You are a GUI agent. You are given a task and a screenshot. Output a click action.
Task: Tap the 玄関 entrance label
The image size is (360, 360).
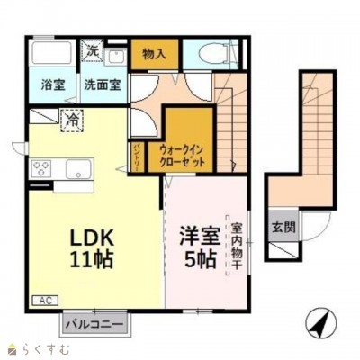pyautogui.click(x=281, y=227)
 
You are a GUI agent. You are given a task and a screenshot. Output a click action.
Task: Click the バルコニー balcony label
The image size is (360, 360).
pyautogui.click(x=93, y=320)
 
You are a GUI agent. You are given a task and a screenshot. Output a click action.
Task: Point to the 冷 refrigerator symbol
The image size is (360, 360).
pyautogui.click(x=69, y=117)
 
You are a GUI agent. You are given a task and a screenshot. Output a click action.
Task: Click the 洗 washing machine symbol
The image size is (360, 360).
pyautogui.click(x=93, y=51)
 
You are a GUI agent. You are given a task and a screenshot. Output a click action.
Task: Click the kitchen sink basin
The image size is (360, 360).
pyautogui.click(x=76, y=168)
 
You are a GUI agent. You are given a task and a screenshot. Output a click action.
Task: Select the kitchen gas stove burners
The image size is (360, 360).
pyautogui.click(x=43, y=168)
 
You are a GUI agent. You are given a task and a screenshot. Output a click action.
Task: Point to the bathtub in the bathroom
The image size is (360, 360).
pyautogui.click(x=52, y=55)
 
